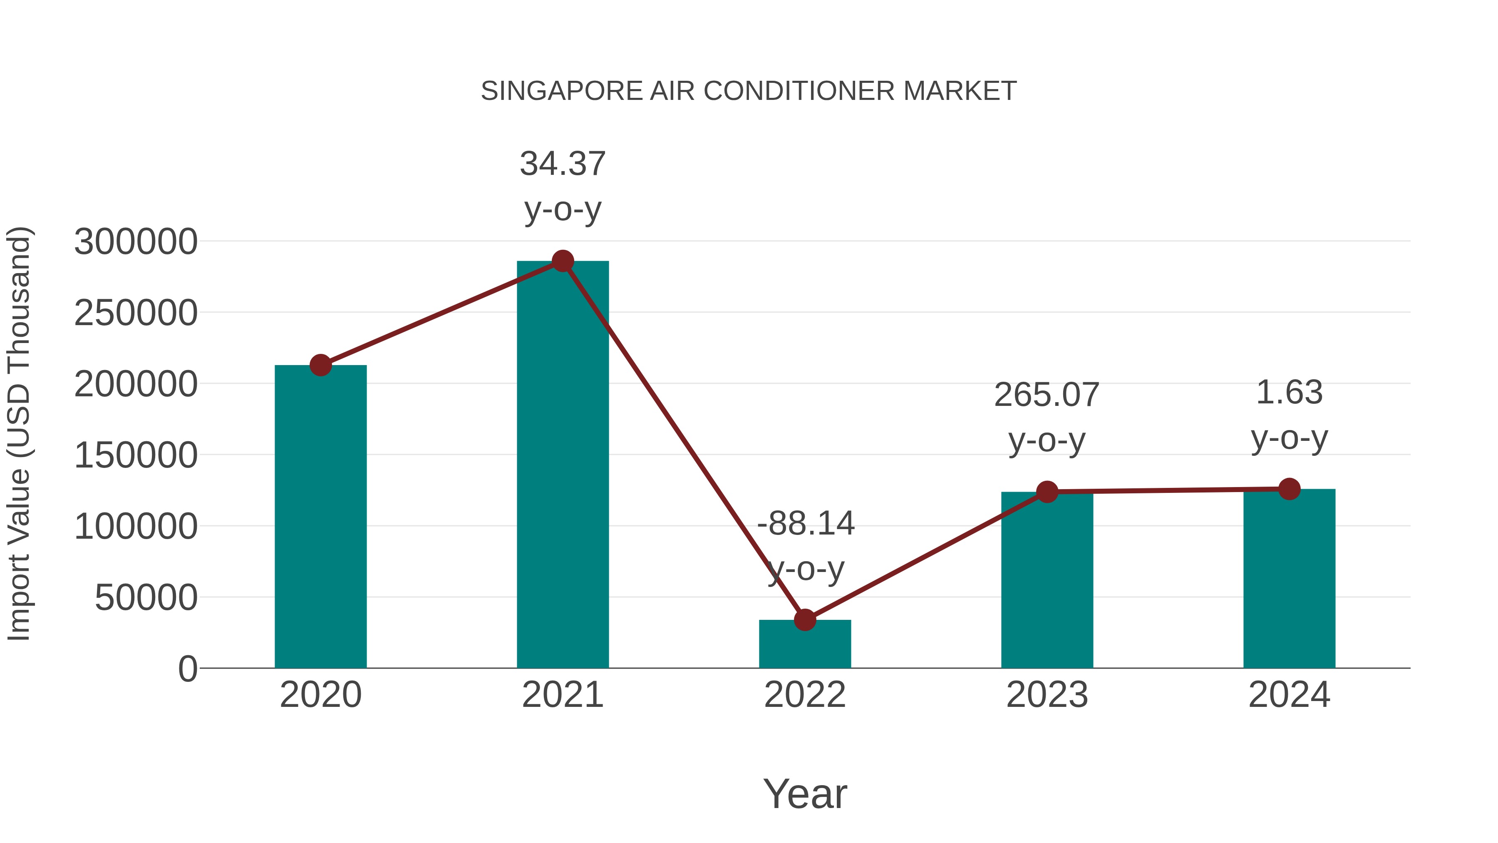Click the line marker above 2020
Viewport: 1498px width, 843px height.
pos(320,366)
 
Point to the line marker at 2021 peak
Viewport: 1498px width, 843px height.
pos(562,261)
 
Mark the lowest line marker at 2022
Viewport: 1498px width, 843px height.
pos(805,620)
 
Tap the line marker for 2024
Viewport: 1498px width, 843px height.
pos(1289,489)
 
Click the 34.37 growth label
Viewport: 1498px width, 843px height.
pos(562,164)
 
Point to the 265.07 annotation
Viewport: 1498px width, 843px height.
pos(1047,395)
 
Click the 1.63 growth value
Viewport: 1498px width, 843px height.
pos(1289,392)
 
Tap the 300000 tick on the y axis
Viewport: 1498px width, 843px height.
pos(136,241)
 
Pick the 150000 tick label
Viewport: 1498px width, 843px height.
pos(136,455)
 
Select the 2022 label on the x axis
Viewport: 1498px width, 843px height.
pos(805,695)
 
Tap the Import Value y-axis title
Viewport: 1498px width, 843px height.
pos(19,433)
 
